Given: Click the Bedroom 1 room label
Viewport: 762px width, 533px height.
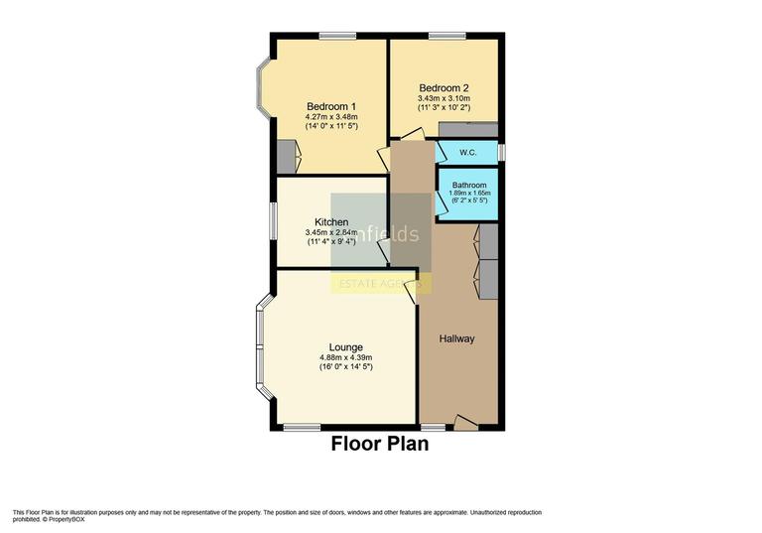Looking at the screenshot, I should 331,106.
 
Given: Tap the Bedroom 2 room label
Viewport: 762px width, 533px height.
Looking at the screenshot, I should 443,86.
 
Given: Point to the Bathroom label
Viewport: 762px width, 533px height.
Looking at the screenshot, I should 469,185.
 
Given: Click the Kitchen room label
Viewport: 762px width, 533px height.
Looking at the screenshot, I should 331,221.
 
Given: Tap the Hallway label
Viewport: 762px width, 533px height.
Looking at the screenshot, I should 457,338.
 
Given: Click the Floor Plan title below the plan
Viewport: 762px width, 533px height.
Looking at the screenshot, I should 380,444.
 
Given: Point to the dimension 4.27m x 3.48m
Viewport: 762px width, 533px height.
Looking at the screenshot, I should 331,117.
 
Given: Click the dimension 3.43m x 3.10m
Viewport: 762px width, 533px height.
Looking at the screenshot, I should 443,97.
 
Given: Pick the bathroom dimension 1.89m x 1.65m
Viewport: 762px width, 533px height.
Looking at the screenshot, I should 469,193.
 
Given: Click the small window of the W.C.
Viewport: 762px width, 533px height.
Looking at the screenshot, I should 500,152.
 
